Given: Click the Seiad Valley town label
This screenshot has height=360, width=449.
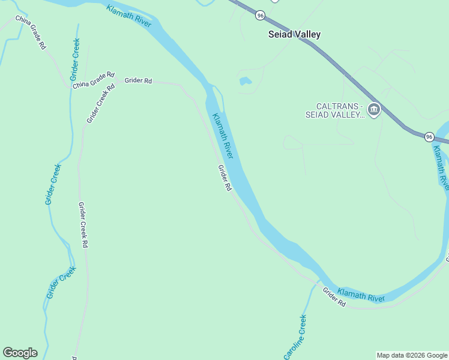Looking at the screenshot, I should [x=294, y=35].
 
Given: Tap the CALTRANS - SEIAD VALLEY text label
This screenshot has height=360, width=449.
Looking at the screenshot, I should [x=336, y=110].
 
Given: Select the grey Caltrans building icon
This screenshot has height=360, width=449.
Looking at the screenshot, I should [x=374, y=110].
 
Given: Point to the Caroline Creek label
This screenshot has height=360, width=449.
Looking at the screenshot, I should [x=295, y=337].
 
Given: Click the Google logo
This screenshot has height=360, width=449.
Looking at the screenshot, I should [x=20, y=353].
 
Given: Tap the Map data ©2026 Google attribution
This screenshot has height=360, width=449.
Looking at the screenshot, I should [x=412, y=355].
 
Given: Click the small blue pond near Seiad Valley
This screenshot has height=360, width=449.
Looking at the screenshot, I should [x=246, y=81].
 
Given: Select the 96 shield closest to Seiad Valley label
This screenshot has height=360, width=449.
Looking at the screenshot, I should [x=259, y=15].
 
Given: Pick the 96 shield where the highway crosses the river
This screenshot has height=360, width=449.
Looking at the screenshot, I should [x=429, y=137].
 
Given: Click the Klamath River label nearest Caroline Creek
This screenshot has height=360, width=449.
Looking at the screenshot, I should [x=361, y=294].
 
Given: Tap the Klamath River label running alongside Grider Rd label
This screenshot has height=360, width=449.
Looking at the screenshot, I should [x=221, y=136].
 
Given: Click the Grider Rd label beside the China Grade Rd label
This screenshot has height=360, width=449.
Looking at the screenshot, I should [x=138, y=80].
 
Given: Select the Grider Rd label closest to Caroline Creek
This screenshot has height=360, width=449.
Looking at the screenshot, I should [x=334, y=298].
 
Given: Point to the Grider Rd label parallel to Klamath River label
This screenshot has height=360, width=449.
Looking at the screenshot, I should [x=224, y=178].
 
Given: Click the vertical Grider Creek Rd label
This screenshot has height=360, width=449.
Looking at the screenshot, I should [x=83, y=225].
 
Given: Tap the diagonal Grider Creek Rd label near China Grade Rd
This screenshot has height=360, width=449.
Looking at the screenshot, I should [x=100, y=103].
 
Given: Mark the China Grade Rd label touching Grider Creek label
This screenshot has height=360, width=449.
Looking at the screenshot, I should [x=94, y=80].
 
